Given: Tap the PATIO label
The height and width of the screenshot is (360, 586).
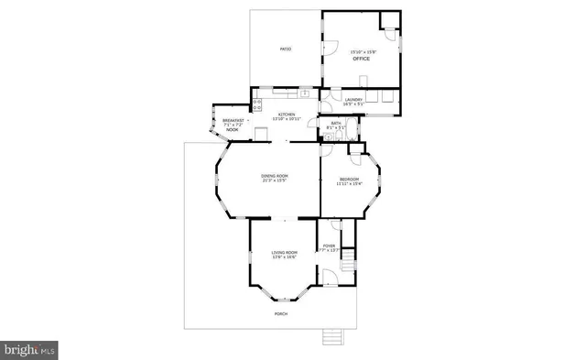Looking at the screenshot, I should pos(286,48).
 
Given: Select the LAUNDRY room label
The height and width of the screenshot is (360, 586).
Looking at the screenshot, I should pos(353,99).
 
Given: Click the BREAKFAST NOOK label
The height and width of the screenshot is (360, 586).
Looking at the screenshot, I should pos(233,125).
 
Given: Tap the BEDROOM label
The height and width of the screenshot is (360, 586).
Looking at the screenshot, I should pos(350,179).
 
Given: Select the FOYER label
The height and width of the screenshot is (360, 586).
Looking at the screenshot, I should pos(330,246).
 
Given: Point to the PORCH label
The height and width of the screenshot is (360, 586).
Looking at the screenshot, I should pos(281,313).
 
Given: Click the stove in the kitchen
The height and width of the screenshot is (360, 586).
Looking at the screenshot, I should pos(258,104).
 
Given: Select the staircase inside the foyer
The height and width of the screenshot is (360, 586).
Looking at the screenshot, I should pos(347,266).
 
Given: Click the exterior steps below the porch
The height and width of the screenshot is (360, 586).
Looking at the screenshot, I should pos(332,338).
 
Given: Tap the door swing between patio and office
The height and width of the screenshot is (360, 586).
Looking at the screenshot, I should pos(331,50).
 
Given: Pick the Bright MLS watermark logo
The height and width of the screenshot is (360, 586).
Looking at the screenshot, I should pos(30,349).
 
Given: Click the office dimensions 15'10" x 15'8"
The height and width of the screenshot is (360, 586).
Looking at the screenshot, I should pos(363,51).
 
